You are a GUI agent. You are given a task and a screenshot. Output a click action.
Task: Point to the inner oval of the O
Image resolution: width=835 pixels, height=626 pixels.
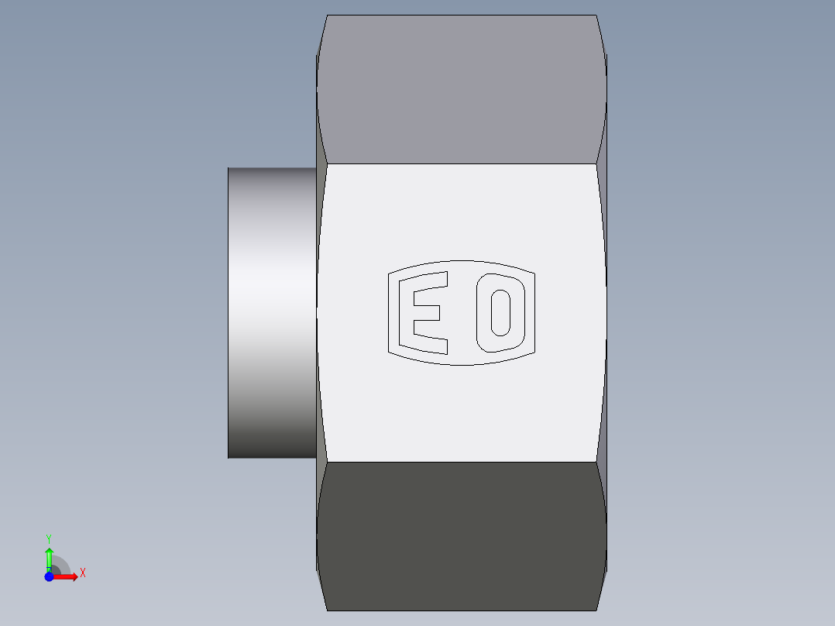pos(500,313)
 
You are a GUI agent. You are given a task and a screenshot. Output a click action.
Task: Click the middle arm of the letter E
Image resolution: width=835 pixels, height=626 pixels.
pos(427,312)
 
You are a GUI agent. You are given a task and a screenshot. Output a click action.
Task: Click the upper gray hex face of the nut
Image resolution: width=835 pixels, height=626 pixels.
pos(462,89)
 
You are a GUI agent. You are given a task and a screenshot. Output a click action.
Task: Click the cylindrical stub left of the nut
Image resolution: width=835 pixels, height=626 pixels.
pos(272,312)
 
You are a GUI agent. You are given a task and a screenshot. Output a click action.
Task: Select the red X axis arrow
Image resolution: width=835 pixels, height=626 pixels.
pos(67,576)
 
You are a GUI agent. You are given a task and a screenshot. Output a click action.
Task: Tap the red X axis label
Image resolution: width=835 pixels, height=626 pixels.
pos(82,573)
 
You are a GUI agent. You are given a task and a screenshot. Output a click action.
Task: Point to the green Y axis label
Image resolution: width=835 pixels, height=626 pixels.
pos(49,538)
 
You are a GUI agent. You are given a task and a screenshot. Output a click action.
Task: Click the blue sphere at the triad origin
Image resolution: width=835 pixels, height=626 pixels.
pos(49,576)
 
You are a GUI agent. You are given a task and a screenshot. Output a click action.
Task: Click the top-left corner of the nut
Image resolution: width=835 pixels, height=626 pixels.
pos(327,15)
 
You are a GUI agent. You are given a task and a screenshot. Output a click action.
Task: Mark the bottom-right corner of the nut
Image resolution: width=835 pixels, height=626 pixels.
pos(596,610)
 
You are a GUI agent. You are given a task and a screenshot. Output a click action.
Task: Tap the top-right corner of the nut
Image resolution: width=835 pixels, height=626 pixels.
pos(596,15)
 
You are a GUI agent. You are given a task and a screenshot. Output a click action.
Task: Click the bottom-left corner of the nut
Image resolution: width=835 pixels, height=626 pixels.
pos(327,610)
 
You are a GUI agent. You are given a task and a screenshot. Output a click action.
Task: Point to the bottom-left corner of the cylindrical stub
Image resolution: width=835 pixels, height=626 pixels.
pos(229,457)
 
